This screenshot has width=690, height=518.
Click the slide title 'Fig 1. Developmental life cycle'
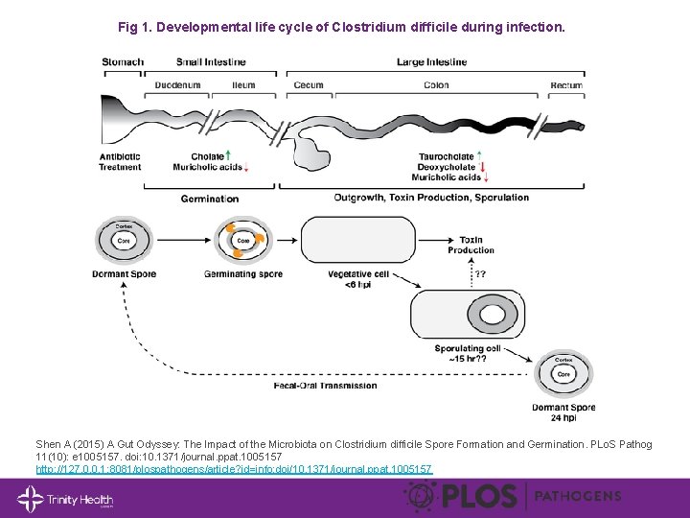341,28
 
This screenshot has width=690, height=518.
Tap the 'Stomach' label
122,62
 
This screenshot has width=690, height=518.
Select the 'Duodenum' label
178,85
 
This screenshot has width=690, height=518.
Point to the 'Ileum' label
243,85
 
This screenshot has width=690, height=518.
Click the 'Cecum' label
309,85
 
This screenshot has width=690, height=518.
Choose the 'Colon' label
436,85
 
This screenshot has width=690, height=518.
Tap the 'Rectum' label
565,85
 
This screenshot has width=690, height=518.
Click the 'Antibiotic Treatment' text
120,162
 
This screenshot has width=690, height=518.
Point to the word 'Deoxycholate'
445,167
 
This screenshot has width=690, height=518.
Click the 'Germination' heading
209,199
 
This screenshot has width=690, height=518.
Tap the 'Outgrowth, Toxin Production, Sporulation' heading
431,198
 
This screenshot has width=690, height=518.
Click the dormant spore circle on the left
124,241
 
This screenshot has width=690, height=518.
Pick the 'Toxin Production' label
471,245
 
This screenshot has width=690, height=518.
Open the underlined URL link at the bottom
234,469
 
